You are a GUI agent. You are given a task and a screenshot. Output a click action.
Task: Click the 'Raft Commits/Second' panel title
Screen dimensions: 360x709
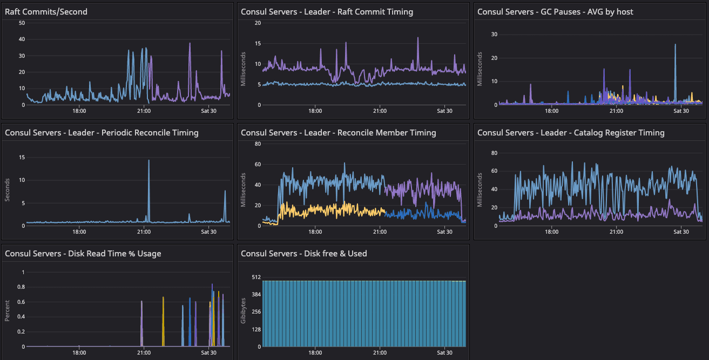click(46, 12)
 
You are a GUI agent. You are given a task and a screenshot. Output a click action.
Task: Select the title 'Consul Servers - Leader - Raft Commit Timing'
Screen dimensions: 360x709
click(327, 12)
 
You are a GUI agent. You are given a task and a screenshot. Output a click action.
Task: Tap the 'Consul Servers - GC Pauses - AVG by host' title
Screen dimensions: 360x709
click(555, 12)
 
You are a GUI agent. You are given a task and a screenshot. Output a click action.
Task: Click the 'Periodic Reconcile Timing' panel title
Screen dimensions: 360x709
click(102, 133)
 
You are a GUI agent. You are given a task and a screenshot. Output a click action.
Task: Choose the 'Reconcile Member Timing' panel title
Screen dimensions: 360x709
click(338, 133)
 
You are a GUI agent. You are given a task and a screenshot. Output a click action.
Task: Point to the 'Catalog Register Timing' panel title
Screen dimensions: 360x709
click(571, 133)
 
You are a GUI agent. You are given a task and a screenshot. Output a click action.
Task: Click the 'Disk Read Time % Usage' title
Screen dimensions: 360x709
click(83, 254)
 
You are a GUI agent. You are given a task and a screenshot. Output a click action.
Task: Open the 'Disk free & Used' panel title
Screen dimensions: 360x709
click(303, 254)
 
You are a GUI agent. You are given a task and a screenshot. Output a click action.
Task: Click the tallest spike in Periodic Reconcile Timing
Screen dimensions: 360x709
click(149, 161)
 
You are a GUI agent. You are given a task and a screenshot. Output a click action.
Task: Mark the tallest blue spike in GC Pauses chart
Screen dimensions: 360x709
click(675, 45)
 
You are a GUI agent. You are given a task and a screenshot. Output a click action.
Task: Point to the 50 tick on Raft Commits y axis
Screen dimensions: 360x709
click(22, 23)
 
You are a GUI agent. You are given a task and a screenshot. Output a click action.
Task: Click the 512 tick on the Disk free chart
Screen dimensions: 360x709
click(256, 277)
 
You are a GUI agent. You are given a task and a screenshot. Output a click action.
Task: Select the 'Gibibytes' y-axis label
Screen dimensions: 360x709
click(244, 312)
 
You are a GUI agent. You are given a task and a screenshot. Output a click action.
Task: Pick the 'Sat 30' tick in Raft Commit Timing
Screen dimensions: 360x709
click(444, 111)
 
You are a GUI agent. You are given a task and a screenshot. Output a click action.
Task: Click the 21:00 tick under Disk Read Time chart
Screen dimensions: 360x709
click(144, 353)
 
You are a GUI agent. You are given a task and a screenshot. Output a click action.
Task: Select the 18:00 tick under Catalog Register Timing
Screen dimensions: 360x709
click(551, 232)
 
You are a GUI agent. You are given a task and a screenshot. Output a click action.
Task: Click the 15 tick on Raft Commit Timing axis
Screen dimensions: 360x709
click(258, 44)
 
